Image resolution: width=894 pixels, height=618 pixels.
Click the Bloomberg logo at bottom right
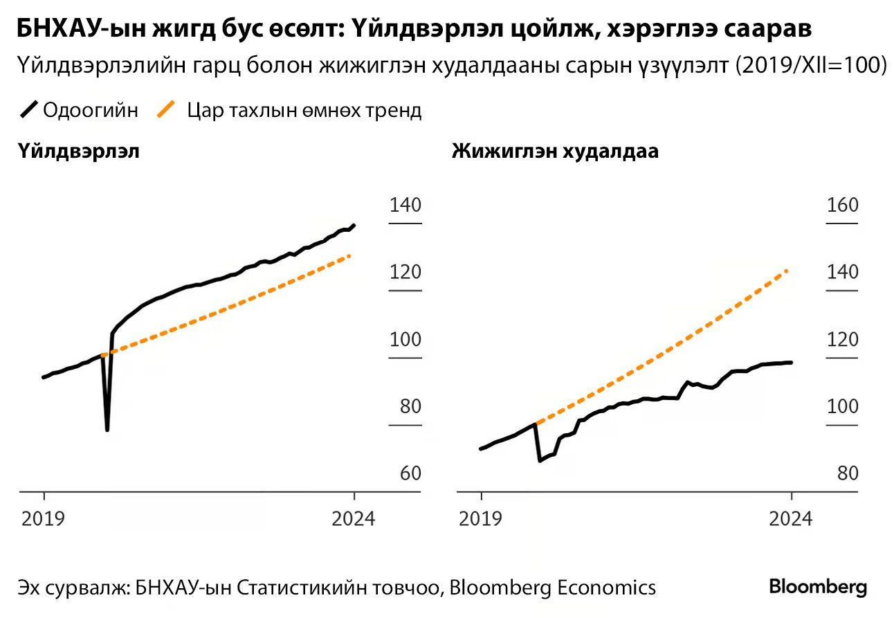point(818,587)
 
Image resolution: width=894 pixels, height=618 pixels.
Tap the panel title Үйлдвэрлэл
point(79,152)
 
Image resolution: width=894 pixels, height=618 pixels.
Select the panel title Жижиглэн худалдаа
point(554,152)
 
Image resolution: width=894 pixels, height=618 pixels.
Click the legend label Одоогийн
point(90,110)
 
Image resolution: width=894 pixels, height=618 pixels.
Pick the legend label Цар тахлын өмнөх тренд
point(304,110)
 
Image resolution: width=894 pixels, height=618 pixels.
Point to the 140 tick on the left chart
point(405,205)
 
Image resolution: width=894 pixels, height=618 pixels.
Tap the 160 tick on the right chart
point(842,205)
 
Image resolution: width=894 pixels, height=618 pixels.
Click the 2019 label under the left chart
point(44,518)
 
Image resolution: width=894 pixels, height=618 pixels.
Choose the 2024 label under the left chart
point(354,518)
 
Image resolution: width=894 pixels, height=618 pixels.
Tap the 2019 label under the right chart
point(481,518)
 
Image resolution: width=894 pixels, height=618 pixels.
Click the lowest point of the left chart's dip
point(107,430)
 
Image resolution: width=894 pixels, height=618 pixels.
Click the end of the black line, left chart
point(354,225)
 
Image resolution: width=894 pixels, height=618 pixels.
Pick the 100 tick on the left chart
point(405,339)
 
